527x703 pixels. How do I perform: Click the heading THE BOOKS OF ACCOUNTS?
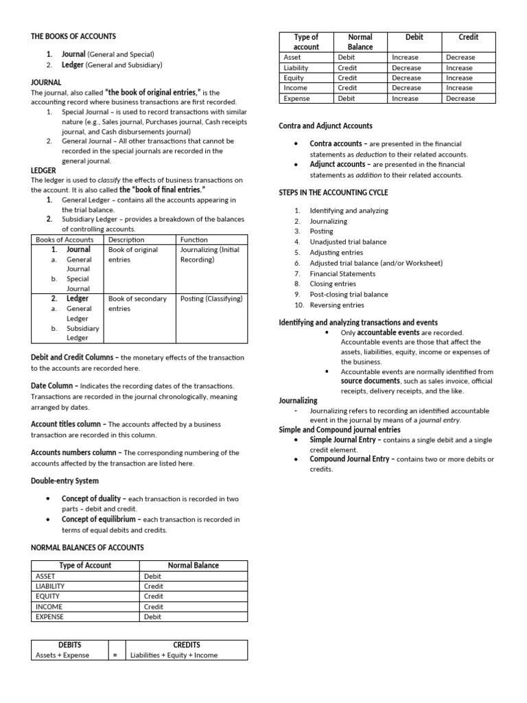pyautogui.click(x=73, y=36)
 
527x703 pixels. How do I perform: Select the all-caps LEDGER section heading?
pyautogui.click(x=43, y=170)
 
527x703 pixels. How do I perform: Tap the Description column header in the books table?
pyautogui.click(x=126, y=240)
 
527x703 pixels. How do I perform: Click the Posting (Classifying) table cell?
pyautogui.click(x=211, y=299)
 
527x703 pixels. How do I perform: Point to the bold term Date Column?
pyautogui.click(x=54, y=386)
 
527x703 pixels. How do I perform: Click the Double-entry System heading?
pyautogui.click(x=65, y=481)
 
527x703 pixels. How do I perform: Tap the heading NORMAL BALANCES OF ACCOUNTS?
pyautogui.click(x=87, y=547)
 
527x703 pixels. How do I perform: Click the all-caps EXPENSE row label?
pyautogui.click(x=49, y=616)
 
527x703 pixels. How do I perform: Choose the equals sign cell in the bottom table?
pyautogui.click(x=115, y=655)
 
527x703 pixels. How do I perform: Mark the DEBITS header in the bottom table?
pyautogui.click(x=69, y=645)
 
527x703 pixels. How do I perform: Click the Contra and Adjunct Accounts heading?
pyautogui.click(x=326, y=126)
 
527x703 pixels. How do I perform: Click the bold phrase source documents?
pyautogui.click(x=371, y=380)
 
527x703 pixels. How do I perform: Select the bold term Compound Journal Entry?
pyautogui.click(x=352, y=459)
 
